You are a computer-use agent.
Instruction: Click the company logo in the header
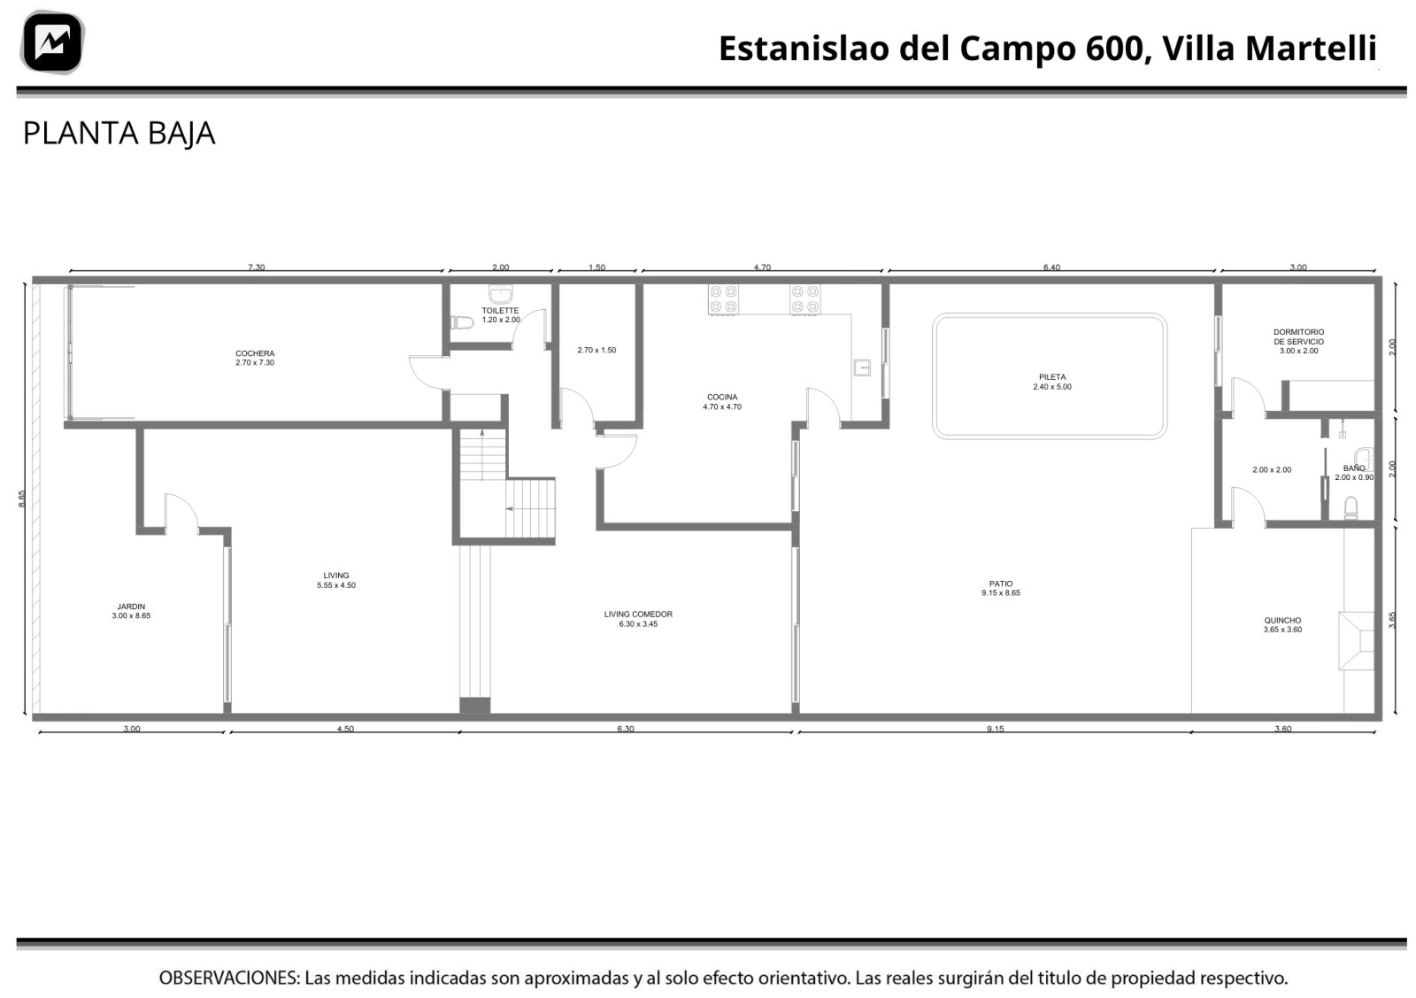click(x=52, y=43)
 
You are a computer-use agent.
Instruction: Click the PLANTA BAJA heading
click(x=119, y=134)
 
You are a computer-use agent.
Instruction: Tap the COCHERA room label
click(x=255, y=358)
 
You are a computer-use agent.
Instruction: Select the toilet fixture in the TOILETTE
click(x=462, y=322)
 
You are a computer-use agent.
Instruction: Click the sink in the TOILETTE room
click(x=501, y=294)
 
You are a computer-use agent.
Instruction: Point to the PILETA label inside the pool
click(x=1052, y=382)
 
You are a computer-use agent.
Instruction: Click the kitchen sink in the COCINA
click(x=862, y=367)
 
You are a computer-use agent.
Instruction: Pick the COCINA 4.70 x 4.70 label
click(x=722, y=402)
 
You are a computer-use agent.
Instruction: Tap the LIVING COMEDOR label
click(x=638, y=619)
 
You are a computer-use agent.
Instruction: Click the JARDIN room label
click(x=131, y=611)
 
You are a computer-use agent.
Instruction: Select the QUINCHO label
click(x=1282, y=625)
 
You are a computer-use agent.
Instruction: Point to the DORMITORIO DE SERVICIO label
click(x=1298, y=341)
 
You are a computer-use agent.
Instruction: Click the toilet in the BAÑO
click(x=1351, y=507)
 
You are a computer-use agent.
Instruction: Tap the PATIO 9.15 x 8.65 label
click(x=1001, y=588)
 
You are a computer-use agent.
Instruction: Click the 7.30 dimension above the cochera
click(x=256, y=267)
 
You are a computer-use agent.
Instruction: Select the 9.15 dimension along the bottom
click(x=995, y=729)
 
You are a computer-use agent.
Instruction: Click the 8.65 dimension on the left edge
click(x=21, y=499)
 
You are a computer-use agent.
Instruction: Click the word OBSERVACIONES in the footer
click(x=229, y=978)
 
